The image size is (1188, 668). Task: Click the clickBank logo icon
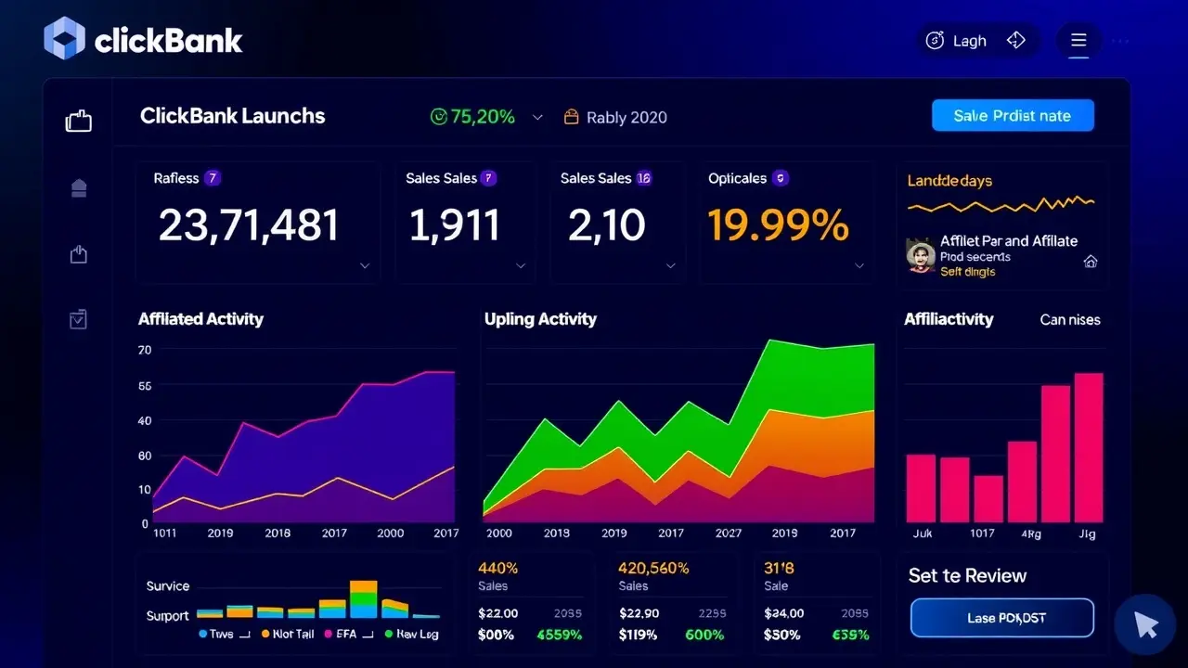click(64, 39)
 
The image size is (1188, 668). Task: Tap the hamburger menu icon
click(1078, 41)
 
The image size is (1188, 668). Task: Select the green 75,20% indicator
click(472, 117)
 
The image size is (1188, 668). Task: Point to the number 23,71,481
click(249, 225)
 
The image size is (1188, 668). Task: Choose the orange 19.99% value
click(778, 225)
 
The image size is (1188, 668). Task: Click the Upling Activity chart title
click(540, 319)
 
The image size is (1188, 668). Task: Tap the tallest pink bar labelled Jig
click(1088, 447)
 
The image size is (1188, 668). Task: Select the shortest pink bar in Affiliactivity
click(988, 498)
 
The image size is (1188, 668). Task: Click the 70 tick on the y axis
click(145, 351)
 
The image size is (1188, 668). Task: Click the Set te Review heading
click(967, 576)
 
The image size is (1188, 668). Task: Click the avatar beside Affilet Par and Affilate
click(920, 255)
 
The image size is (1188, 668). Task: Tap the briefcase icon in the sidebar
click(79, 121)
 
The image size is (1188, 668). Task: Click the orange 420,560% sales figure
click(653, 568)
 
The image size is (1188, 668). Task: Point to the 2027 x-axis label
click(729, 533)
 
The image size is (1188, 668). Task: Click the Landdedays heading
click(949, 181)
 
